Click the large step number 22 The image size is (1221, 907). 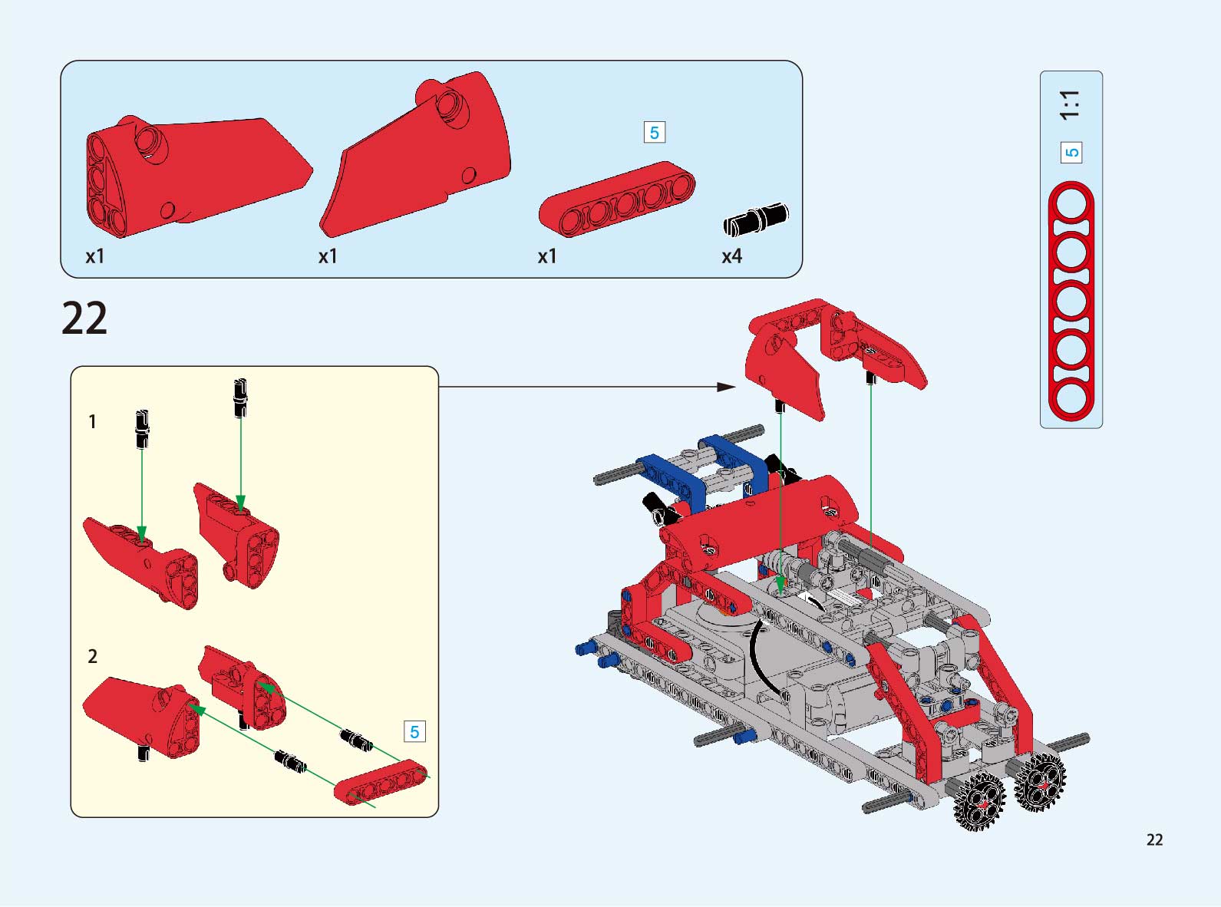(x=84, y=318)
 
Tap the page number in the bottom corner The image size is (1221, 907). (x=1154, y=839)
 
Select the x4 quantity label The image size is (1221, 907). (x=731, y=256)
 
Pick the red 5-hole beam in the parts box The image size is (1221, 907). (x=616, y=200)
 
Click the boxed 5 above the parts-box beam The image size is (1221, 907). (x=655, y=133)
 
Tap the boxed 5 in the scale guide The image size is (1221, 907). (x=1071, y=153)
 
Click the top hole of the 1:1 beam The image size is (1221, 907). (x=1071, y=204)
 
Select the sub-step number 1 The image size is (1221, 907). (x=93, y=421)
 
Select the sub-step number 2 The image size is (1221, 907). (x=93, y=656)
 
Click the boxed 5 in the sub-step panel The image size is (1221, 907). (x=414, y=732)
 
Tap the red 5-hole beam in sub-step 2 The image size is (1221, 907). (x=381, y=782)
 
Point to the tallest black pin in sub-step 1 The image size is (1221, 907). (x=240, y=398)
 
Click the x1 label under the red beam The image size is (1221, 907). (x=547, y=256)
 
